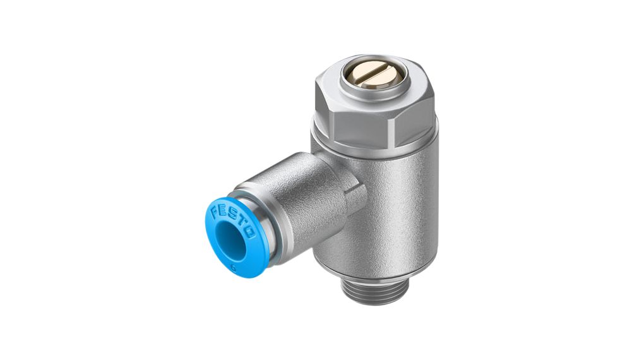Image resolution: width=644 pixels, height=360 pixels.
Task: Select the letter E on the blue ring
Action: [223, 207]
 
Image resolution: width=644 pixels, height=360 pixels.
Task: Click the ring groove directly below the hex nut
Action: [373, 152]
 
